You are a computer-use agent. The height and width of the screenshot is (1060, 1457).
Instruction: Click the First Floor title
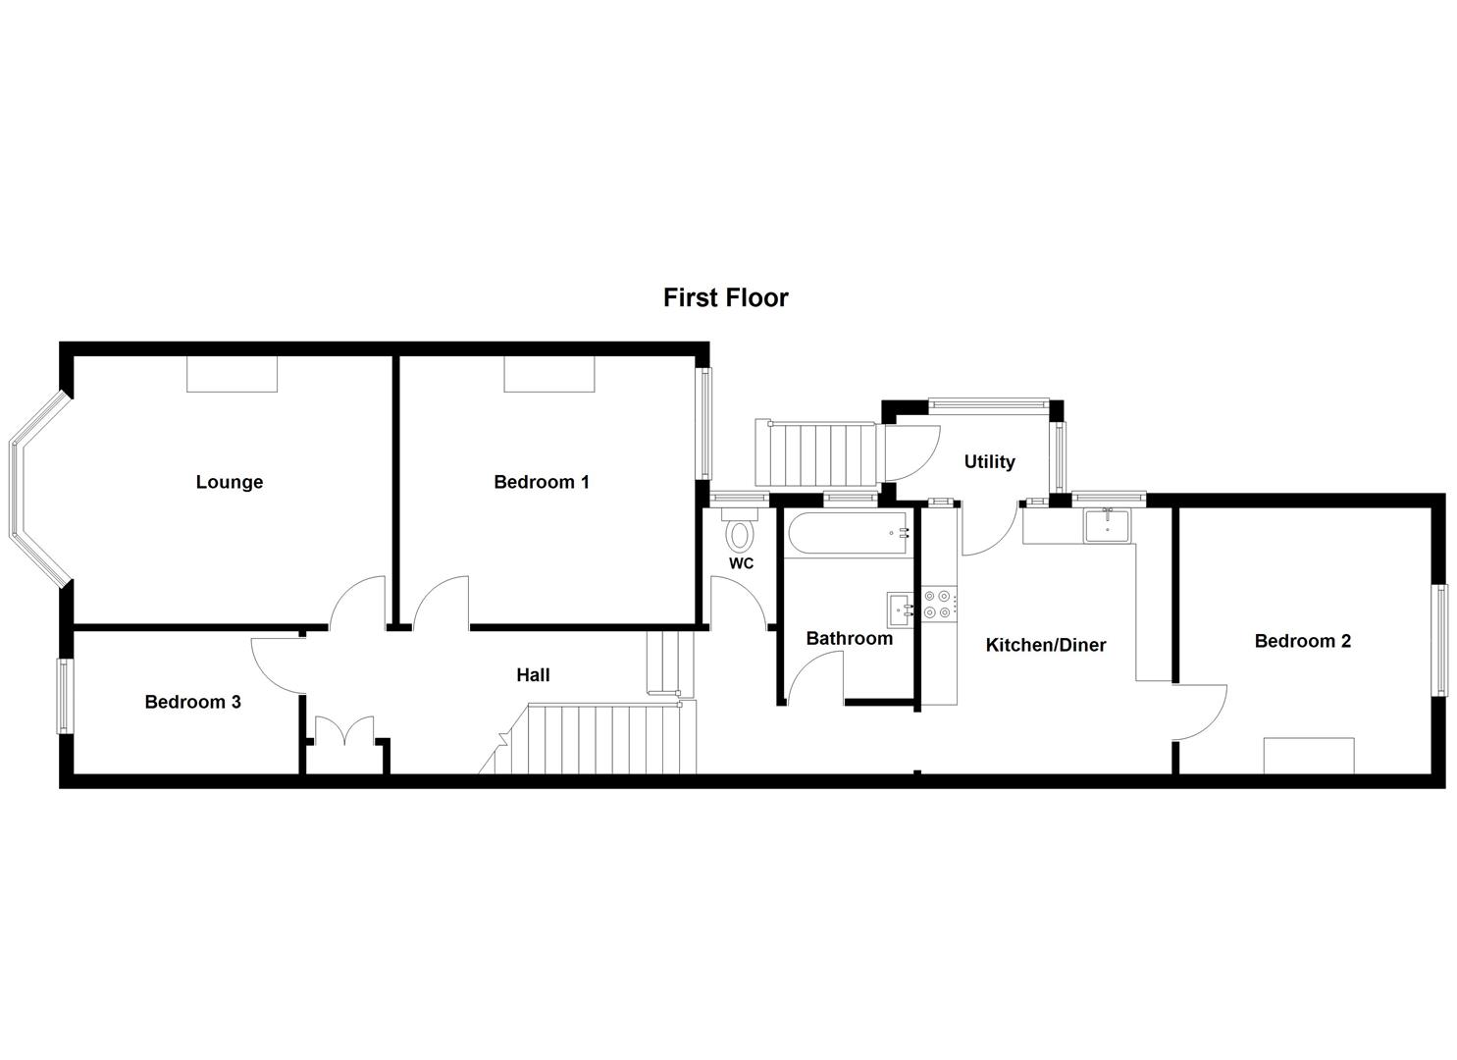[x=725, y=297]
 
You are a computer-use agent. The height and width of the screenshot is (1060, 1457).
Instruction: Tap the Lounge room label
[x=230, y=482]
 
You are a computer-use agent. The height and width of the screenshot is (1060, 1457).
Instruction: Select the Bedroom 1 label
[x=542, y=482]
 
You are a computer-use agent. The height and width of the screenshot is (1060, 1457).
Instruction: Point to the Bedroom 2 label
[x=1302, y=641]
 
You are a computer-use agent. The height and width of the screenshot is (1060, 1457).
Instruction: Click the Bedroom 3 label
[x=192, y=702]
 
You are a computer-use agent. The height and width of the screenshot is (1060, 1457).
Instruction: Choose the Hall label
[x=533, y=674]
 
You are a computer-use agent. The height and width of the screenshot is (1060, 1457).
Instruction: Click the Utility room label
[x=989, y=461]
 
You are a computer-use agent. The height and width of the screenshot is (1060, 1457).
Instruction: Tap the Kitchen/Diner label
[x=1045, y=645]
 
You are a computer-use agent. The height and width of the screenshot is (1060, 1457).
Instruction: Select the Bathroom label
[x=849, y=638]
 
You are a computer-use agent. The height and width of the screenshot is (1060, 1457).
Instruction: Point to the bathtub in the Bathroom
[x=849, y=534]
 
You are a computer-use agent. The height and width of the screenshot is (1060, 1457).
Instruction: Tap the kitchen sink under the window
[x=1108, y=524]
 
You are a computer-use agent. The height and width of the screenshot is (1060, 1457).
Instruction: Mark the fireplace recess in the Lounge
[x=233, y=374]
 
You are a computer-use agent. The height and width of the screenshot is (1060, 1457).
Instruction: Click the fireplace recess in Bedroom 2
[x=1309, y=756]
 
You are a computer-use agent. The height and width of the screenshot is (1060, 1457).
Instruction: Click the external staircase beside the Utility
[x=817, y=453]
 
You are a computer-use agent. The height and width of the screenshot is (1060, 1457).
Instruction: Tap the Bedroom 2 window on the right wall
[x=1439, y=640]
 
